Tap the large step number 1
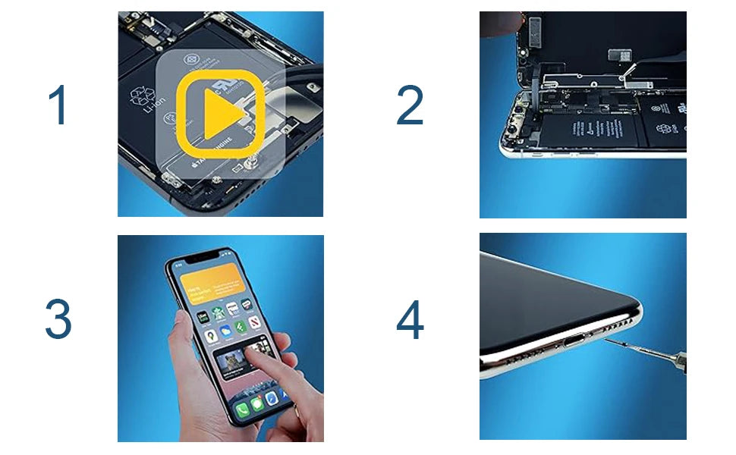[58, 105]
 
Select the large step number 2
[410, 105]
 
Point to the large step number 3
[58, 320]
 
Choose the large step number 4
[410, 320]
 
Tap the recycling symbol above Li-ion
[142, 96]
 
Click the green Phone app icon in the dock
[242, 410]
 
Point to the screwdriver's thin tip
[608, 340]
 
